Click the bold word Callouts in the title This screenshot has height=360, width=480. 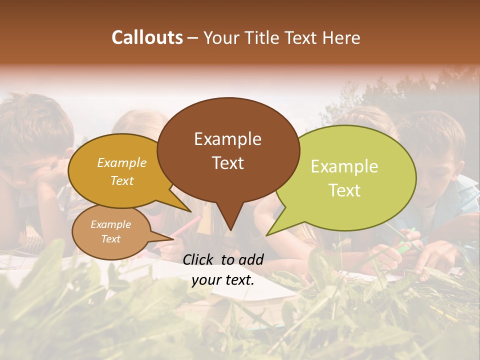point(147,37)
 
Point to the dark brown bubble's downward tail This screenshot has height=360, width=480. point(230,220)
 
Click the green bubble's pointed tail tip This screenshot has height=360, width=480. point(267,234)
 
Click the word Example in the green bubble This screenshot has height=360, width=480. point(344,166)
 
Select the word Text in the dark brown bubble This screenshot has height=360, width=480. point(228,163)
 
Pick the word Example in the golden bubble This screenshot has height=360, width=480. point(121,163)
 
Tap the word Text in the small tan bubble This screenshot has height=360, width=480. point(110,239)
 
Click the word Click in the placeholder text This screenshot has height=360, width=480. point(198,259)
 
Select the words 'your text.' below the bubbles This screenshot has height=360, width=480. point(223,280)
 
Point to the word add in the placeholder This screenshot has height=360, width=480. point(250,259)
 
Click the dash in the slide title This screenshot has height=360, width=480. point(193,38)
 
